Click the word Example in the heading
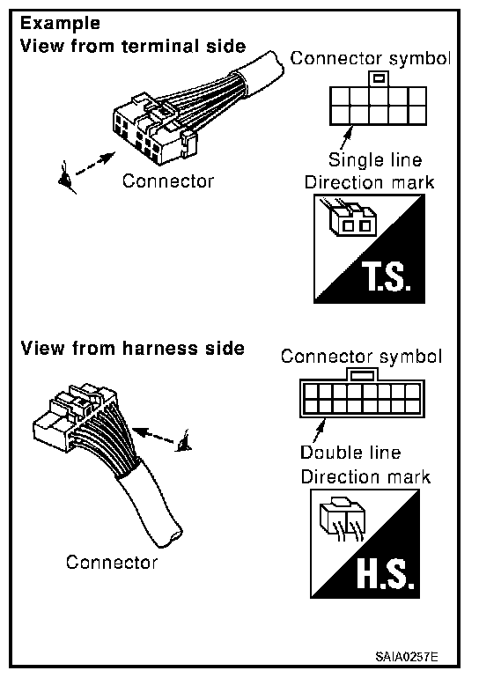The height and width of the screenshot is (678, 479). click(60, 24)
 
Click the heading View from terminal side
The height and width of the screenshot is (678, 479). click(133, 46)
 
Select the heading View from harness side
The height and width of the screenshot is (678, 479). click(133, 348)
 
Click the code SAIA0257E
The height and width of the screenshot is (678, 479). click(407, 657)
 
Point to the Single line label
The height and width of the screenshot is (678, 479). click(375, 159)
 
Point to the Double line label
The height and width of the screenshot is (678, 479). click(350, 453)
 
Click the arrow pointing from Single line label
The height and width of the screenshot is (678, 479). click(346, 138)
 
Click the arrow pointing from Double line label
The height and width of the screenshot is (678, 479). click(319, 431)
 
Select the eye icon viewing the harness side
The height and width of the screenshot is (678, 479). click(183, 442)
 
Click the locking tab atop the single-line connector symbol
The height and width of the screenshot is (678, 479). click(379, 79)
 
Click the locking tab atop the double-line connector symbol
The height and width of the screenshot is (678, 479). click(362, 374)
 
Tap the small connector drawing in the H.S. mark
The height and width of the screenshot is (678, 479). click(343, 519)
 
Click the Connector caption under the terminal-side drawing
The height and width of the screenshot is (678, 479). click(168, 181)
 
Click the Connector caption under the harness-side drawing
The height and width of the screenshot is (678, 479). click(112, 562)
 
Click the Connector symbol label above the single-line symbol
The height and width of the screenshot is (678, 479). click(371, 58)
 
